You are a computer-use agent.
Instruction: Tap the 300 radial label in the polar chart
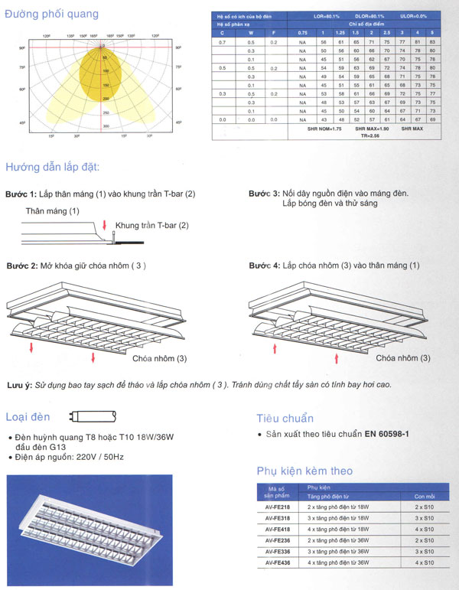(x=106, y=125)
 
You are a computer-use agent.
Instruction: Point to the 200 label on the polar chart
(x=106, y=99)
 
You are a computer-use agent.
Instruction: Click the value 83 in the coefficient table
(x=432, y=41)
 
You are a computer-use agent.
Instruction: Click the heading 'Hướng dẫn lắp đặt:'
(x=52, y=167)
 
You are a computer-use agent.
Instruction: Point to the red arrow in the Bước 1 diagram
(x=105, y=225)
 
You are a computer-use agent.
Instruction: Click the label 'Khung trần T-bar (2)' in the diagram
(x=151, y=225)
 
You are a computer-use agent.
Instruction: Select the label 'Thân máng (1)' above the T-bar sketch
(x=52, y=210)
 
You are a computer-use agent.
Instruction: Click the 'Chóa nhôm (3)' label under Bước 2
(x=159, y=358)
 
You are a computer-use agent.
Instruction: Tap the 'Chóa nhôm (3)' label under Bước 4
(x=403, y=358)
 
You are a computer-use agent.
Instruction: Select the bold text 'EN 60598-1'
(x=388, y=435)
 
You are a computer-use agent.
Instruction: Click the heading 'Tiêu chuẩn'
(x=285, y=418)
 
